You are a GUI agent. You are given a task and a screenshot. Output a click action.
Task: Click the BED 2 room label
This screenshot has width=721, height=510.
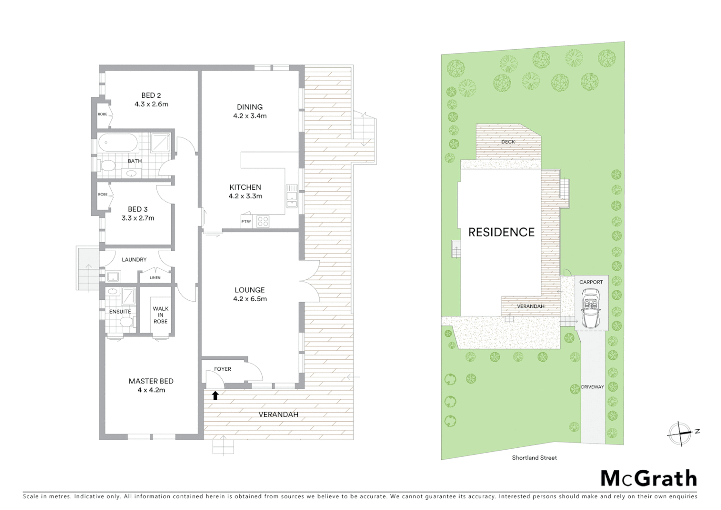tap(151, 95)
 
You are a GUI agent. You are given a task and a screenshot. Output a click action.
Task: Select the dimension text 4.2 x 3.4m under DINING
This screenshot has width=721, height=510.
tap(250, 116)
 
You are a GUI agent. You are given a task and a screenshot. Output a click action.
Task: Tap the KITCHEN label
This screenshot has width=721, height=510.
tap(245, 187)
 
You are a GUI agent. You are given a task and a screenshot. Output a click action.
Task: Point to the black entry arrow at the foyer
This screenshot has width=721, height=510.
tap(215, 395)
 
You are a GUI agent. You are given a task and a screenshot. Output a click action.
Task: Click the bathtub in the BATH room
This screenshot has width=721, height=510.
tap(118, 142)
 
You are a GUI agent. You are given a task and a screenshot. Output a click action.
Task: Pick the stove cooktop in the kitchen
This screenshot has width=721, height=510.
tap(262, 221)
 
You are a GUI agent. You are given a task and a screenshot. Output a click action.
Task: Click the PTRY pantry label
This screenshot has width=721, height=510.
tap(246, 221)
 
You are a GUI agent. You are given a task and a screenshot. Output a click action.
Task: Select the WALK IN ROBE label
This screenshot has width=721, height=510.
tap(160, 315)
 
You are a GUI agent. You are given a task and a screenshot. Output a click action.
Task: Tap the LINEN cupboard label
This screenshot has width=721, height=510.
tap(155, 278)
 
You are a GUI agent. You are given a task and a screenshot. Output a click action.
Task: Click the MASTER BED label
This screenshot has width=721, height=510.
tap(151, 381)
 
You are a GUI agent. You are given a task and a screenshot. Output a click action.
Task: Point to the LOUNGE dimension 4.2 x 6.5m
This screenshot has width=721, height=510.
tap(250, 299)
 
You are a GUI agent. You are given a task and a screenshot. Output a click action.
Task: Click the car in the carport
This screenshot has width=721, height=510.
tap(591, 310)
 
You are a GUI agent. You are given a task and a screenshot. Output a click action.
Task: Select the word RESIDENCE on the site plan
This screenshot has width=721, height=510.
tap(501, 232)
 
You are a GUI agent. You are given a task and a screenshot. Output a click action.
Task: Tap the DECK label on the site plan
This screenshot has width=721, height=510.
tap(508, 142)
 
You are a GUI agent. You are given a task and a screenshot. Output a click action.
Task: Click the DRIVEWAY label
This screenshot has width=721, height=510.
tap(592, 387)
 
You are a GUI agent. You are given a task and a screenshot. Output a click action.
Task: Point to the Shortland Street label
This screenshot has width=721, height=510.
tap(534, 458)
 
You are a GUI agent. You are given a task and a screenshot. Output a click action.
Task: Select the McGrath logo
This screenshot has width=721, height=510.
tap(648, 478)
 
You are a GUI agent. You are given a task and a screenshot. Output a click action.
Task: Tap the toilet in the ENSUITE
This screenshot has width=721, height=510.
tap(126, 322)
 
